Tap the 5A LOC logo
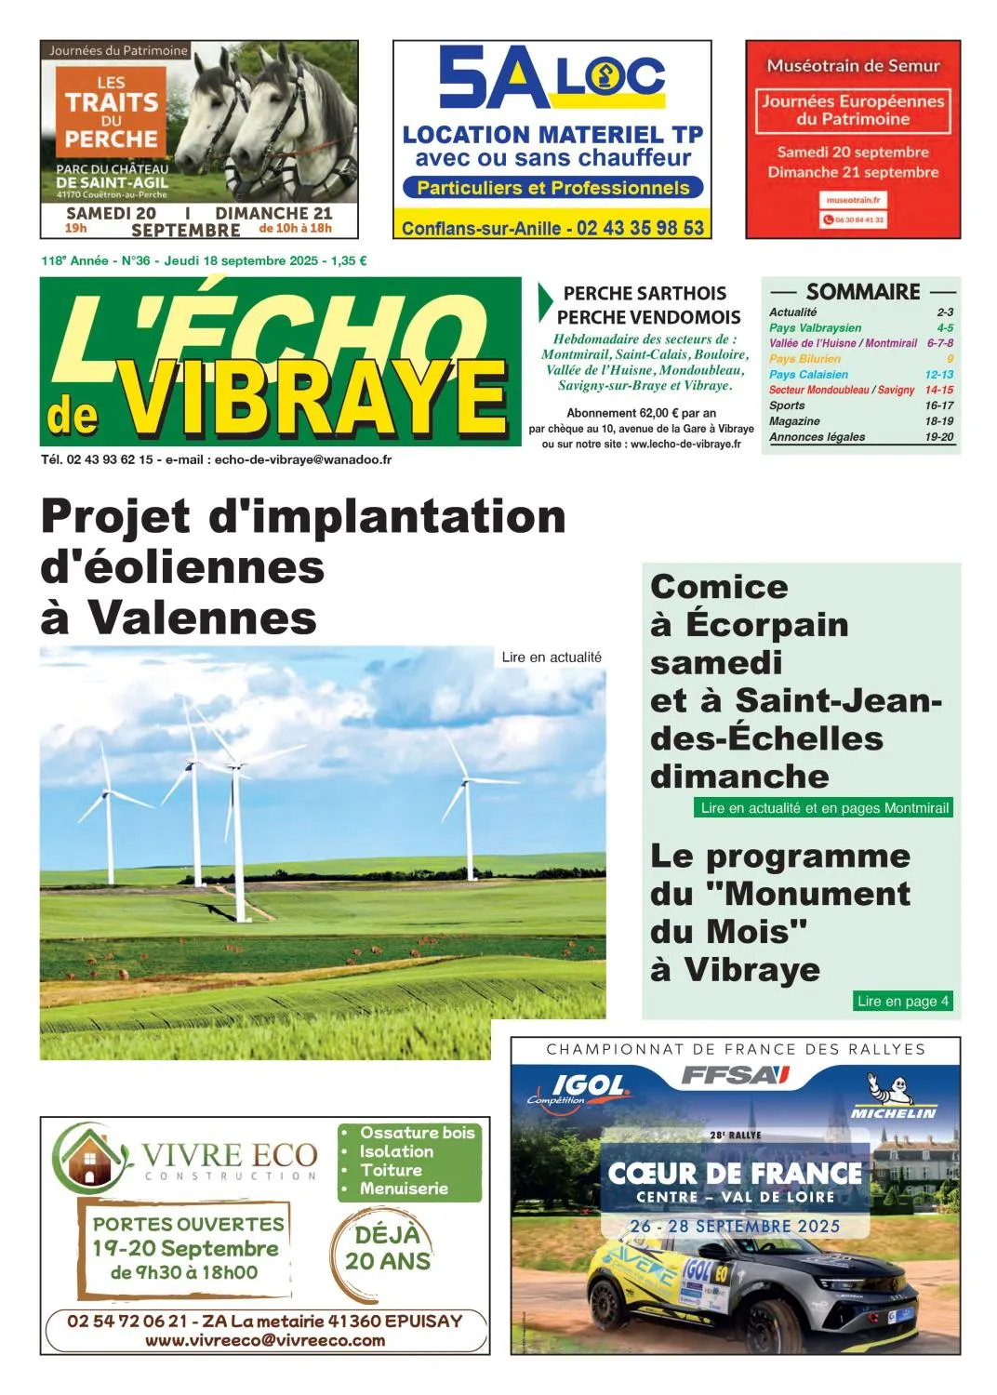(x=552, y=79)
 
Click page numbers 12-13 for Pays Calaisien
(x=938, y=374)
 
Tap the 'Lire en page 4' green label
(x=902, y=1001)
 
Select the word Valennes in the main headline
(x=203, y=617)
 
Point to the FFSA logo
(x=735, y=1076)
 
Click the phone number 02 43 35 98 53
(x=640, y=228)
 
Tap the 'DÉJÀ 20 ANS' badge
(x=388, y=1248)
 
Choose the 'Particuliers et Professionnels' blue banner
(x=552, y=188)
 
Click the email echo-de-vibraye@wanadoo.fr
(x=302, y=459)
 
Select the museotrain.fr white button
(x=853, y=200)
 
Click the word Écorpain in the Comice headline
(x=766, y=625)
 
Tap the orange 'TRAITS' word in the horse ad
(x=112, y=102)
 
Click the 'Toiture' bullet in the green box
(x=391, y=1170)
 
